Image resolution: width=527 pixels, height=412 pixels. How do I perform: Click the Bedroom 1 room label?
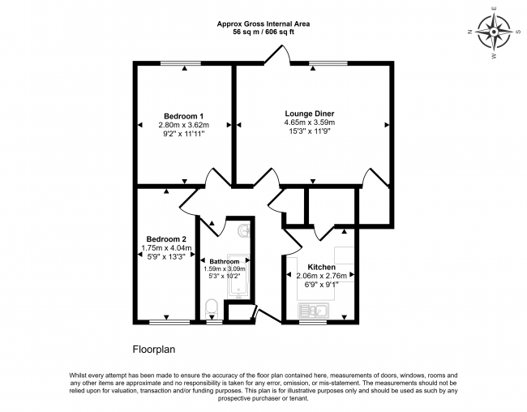click(x=183, y=116)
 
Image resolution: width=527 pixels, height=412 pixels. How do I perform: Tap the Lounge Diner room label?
click(x=310, y=114)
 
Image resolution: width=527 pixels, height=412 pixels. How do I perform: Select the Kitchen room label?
click(x=322, y=267)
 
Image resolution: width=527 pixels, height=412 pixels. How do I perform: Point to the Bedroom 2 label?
click(x=166, y=239)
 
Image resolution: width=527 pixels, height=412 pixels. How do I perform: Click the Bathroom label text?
click(x=225, y=261)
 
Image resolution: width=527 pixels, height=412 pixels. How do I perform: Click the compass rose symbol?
click(x=494, y=32)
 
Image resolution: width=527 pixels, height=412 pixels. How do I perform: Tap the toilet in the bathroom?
click(x=212, y=307)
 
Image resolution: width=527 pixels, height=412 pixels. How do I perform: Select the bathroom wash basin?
click(x=244, y=230)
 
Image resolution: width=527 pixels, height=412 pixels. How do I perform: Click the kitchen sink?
click(x=314, y=310)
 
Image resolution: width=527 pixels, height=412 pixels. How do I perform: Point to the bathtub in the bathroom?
click(x=238, y=276)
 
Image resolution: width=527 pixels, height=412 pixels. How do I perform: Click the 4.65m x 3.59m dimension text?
click(x=310, y=122)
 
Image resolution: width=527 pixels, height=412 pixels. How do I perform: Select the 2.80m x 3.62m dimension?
click(x=184, y=125)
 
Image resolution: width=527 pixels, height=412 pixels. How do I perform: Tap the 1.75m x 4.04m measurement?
click(x=166, y=248)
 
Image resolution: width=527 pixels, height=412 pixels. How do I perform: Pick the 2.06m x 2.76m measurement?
click(x=322, y=276)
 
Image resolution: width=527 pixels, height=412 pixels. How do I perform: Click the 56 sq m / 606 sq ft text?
click(x=263, y=32)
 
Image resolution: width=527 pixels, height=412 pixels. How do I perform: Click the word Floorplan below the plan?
click(x=154, y=350)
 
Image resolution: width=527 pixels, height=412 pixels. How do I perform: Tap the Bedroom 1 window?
click(x=181, y=63)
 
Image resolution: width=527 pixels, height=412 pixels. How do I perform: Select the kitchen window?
click(x=313, y=322)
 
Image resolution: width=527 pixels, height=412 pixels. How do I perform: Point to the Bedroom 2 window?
click(x=169, y=322)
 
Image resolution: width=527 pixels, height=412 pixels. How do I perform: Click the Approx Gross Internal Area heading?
click(x=263, y=24)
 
